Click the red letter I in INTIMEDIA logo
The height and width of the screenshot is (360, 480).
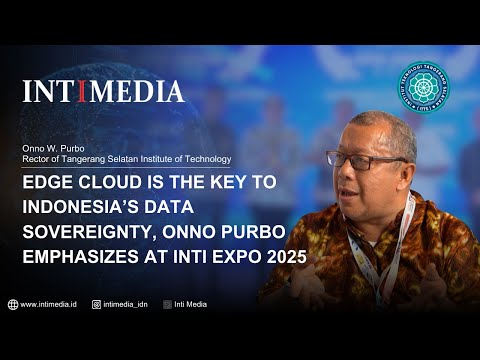coord(83,92)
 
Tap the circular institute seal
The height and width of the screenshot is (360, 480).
coord(439,91)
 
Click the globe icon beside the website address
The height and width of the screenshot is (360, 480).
coord(13,304)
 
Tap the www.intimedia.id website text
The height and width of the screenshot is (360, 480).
coord(50,304)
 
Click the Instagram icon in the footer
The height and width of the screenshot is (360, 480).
coord(97,304)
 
